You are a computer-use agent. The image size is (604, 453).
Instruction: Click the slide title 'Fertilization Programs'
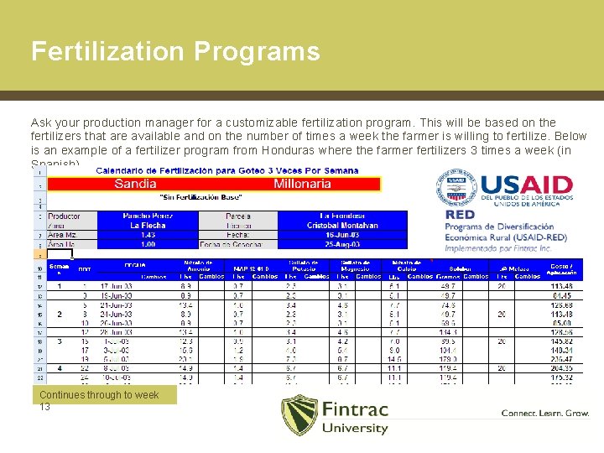pyautogui.click(x=175, y=51)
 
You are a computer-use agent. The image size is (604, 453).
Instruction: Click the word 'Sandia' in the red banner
pyautogui.click(x=135, y=184)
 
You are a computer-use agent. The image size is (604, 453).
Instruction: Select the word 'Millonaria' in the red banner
pyautogui.click(x=302, y=184)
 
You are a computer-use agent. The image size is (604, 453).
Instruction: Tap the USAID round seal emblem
pyautogui.click(x=456, y=190)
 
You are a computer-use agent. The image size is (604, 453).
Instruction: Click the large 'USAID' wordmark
pyautogui.click(x=525, y=186)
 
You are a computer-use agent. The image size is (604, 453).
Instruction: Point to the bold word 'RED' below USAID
pyautogui.click(x=461, y=215)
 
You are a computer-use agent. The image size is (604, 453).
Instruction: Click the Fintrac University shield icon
pyautogui.click(x=299, y=414)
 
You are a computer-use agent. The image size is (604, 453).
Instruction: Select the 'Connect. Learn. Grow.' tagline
pyautogui.click(x=544, y=413)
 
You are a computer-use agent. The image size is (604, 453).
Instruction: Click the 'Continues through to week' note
pyautogui.click(x=99, y=395)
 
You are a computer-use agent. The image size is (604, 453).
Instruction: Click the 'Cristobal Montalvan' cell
pyautogui.click(x=341, y=226)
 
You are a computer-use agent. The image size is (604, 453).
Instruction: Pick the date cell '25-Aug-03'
pyautogui.click(x=341, y=244)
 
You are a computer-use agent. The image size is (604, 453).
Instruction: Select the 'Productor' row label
pyautogui.click(x=65, y=216)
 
